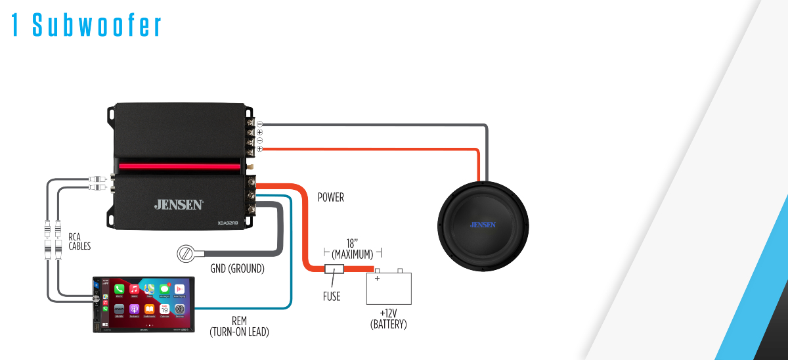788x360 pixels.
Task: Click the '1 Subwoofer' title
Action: (87, 24)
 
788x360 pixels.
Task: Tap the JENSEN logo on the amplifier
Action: (179, 204)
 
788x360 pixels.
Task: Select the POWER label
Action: (330, 197)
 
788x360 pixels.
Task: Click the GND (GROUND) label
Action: (237, 268)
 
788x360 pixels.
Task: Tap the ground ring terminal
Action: (186, 253)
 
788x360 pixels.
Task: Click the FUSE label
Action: (332, 296)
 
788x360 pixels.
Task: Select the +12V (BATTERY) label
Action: (389, 319)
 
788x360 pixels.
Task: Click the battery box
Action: (389, 288)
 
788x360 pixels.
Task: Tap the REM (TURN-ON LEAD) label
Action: (239, 327)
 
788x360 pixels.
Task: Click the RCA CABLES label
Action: (79, 241)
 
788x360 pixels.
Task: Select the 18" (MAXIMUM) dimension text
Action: (353, 248)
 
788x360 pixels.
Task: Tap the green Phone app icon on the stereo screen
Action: (119, 289)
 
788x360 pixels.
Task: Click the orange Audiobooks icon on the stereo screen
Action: (149, 308)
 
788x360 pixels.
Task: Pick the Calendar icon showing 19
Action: (164, 308)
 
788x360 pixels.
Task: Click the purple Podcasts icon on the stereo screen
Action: (134, 308)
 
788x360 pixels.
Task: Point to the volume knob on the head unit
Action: (97, 299)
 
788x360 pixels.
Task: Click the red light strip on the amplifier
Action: (179, 167)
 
